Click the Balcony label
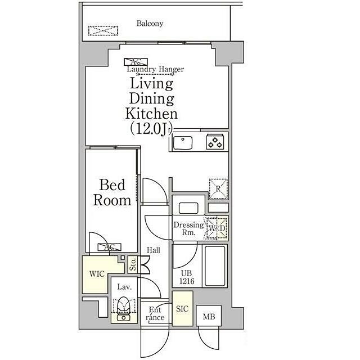pos(150,24)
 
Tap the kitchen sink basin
pos(182,142)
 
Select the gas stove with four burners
pos(215,142)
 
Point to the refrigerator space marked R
pos(218,189)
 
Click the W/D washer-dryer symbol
pos(217,228)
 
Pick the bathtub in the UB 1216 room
pos(215,266)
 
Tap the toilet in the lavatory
pos(123,305)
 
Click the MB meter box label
pos(209,317)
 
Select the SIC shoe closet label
pos(182,309)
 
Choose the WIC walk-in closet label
pos(97,274)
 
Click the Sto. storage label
pos(133,264)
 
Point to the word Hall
pos(154,250)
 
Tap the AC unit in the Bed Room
pos(109,247)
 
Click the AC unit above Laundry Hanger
pos(136,62)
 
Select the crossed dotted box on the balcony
pos(103,30)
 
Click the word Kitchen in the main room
pos(151,114)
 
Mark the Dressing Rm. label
pos(189,228)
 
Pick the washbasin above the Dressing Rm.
pos(188,208)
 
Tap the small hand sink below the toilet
pos(124,318)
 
